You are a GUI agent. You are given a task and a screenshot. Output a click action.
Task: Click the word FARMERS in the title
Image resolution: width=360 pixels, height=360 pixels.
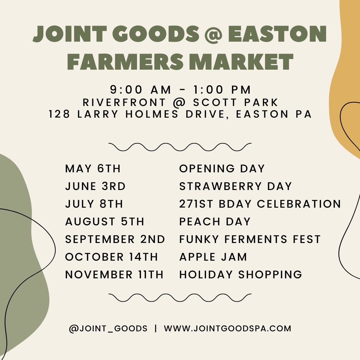pyautogui.click(x=125, y=62)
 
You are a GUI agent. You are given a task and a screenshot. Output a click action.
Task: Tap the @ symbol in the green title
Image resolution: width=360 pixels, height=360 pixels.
pyautogui.click(x=213, y=35)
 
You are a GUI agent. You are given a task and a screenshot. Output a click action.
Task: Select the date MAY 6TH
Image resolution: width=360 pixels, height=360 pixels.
pyautogui.click(x=93, y=169)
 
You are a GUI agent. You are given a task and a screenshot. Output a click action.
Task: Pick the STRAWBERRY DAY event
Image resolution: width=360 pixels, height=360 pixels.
pyautogui.click(x=235, y=186)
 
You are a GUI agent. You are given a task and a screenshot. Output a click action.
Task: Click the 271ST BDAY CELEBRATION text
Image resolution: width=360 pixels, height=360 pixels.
pyautogui.click(x=260, y=204)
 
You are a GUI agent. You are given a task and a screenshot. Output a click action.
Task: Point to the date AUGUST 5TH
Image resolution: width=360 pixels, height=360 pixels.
pyautogui.click(x=105, y=222)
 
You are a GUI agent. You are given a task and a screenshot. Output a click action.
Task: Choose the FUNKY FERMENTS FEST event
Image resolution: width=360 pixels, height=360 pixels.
pyautogui.click(x=250, y=239)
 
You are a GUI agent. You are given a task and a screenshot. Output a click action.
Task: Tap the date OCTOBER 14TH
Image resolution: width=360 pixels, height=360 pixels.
pyautogui.click(x=112, y=257)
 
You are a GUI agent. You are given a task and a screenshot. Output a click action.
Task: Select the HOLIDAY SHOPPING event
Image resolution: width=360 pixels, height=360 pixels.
pyautogui.click(x=241, y=275)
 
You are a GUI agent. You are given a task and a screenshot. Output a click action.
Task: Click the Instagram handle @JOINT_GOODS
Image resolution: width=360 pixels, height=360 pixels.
pyautogui.click(x=108, y=329)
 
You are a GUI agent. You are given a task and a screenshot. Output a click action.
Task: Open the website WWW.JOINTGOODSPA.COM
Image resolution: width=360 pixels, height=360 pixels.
pyautogui.click(x=228, y=328)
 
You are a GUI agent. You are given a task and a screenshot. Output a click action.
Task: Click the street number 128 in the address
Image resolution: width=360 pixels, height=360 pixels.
pyautogui.click(x=59, y=114)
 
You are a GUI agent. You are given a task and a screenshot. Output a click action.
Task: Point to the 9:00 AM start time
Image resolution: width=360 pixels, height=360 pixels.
pyautogui.click(x=141, y=90)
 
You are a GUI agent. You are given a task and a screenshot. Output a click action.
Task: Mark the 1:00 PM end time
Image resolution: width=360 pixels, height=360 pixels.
pyautogui.click(x=222, y=90)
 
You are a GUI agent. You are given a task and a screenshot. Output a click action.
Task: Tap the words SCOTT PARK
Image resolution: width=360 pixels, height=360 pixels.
pyautogui.click(x=236, y=102)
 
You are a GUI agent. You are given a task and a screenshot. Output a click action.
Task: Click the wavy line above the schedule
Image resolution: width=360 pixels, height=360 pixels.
pyautogui.click(x=180, y=147)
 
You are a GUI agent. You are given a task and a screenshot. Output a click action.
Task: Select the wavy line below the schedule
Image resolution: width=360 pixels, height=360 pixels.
pyautogui.click(x=180, y=298)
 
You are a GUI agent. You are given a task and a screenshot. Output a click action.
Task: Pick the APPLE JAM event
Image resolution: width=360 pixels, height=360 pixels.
pyautogui.click(x=213, y=257)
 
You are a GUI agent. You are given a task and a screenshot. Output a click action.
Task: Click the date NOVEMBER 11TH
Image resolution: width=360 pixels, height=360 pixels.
pyautogui.click(x=114, y=275)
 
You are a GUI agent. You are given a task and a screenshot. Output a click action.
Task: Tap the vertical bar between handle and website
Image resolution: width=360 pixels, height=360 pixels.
pyautogui.click(x=156, y=328)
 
